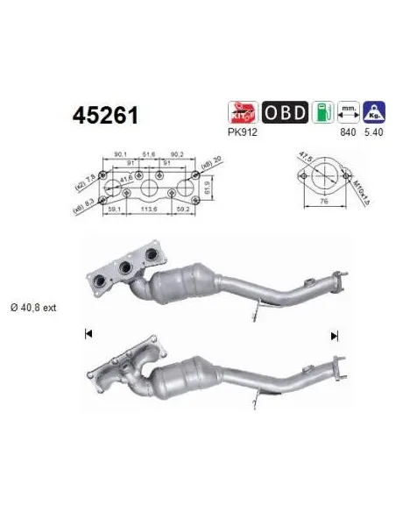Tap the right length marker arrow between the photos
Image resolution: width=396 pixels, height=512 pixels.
pyautogui.click(x=334, y=336)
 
